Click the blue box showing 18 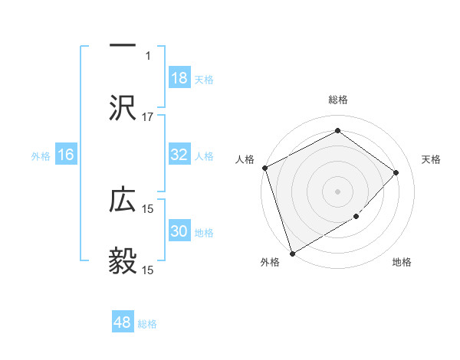tap(179, 78)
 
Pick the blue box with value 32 tap(179, 155)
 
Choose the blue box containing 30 tap(179, 231)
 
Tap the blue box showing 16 tap(66, 155)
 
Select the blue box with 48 tap(123, 322)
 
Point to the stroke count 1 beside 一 tap(148, 55)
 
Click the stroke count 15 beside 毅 tap(148, 270)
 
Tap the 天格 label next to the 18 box tap(204, 79)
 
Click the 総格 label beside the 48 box tap(147, 323)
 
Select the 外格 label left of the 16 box tap(41, 155)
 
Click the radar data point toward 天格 tap(396, 172)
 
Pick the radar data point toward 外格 tap(292, 253)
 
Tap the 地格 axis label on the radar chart tap(402, 263)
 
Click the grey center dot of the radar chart tap(337, 191)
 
